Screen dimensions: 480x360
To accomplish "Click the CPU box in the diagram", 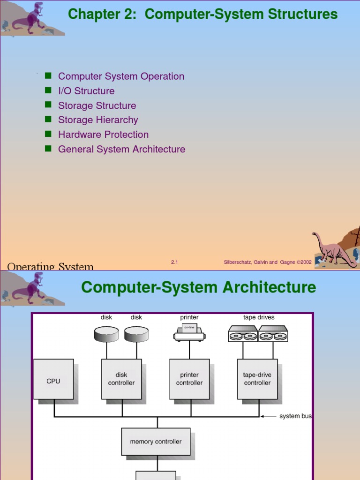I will click(53, 379).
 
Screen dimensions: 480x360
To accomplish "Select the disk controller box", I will click(121, 379).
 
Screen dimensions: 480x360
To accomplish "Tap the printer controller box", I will click(189, 379).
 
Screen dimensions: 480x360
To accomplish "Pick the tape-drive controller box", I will click(257, 379).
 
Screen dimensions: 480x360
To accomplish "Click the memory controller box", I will click(156, 441).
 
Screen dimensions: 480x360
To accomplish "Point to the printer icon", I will click(189, 332).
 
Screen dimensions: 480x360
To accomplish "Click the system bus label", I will click(295, 416).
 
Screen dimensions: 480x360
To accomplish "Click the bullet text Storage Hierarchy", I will click(98, 120).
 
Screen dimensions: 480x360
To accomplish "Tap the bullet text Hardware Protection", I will click(103, 135).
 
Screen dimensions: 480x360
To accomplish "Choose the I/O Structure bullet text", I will click(86, 91).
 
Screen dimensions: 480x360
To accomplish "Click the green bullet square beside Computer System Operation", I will click(48, 75).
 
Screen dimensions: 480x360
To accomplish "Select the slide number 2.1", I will click(174, 262).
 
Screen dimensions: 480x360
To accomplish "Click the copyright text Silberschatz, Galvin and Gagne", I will click(267, 262).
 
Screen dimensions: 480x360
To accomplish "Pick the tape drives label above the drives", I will click(259, 317).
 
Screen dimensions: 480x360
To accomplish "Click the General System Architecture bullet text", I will click(121, 149).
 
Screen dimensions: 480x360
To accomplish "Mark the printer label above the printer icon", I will click(189, 317).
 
